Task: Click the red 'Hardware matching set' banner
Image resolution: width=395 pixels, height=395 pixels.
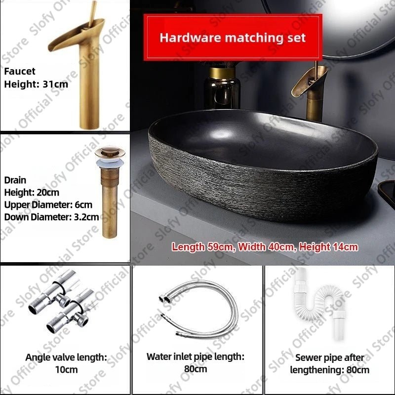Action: click(233, 38)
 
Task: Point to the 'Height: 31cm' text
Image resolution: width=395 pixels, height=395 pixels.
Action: click(36, 84)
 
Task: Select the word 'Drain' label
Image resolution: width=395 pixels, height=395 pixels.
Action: click(15, 180)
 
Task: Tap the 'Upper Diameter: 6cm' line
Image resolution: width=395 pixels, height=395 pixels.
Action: click(48, 204)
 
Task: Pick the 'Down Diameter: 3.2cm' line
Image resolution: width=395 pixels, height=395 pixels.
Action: click(51, 216)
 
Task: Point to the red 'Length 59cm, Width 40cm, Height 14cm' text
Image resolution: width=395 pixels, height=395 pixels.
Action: click(265, 246)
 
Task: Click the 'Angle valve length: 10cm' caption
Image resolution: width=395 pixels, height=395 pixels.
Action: click(66, 363)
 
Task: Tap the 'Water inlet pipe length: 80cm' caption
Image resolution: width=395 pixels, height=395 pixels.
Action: click(196, 362)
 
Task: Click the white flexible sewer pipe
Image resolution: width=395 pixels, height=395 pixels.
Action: click(321, 301)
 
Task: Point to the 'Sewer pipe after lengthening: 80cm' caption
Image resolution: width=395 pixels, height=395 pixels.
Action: click(329, 363)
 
